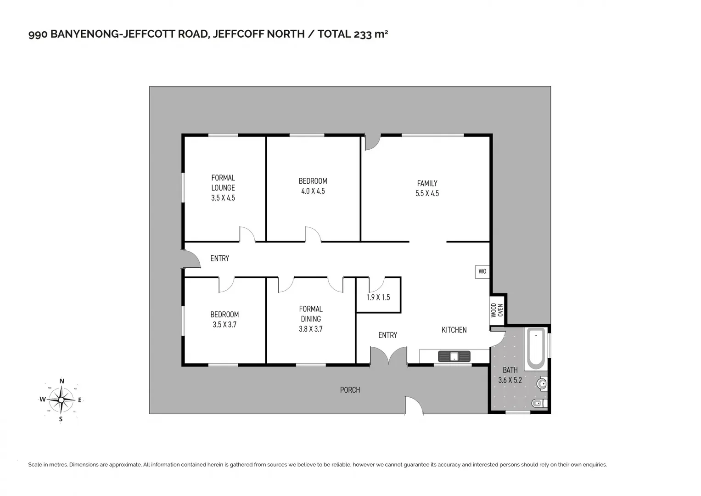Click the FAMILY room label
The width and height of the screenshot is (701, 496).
427,183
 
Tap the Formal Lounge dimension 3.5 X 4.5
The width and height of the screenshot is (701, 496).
223,198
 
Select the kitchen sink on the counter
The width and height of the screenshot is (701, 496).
454,356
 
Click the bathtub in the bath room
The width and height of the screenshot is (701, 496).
536,348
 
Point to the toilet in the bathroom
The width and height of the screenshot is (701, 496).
538,403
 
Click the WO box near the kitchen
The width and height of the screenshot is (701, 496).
482,271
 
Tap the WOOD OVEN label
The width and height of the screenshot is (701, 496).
497,310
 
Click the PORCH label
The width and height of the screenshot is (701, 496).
350,390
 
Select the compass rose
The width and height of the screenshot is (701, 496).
61,400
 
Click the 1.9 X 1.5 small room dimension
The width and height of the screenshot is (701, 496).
378,297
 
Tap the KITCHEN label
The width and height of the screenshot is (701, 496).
454,330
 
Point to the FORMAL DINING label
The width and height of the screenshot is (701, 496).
311,314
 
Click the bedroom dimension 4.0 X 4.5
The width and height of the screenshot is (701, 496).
313,191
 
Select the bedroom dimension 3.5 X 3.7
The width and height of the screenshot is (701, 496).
224,325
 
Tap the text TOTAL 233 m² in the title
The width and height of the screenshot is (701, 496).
353,34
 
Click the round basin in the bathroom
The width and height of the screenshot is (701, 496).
542,383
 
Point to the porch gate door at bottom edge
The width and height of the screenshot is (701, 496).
414,406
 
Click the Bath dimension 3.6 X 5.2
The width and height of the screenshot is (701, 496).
510,380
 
